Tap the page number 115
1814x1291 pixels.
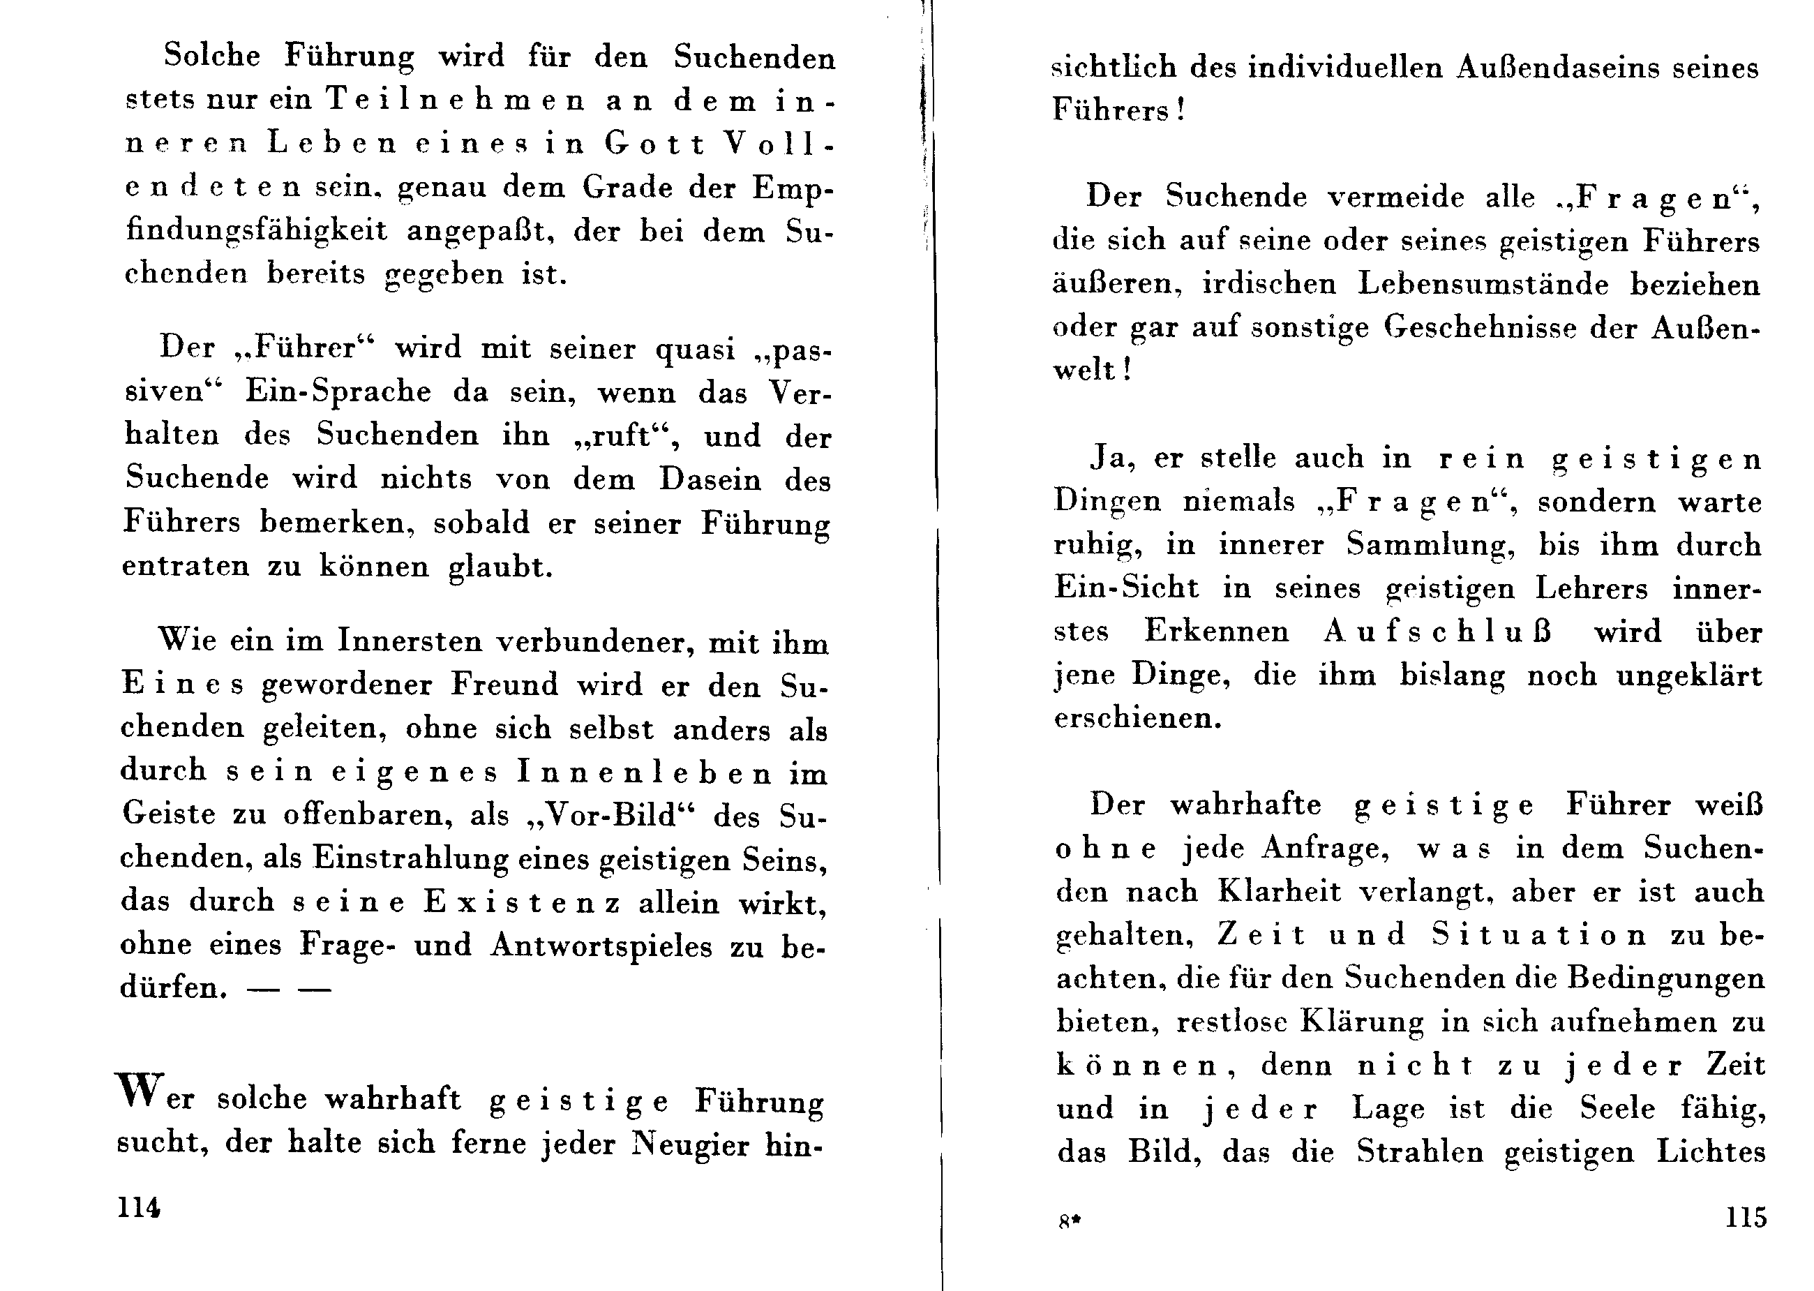[x=1746, y=1217]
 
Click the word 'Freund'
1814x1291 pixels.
[x=504, y=685]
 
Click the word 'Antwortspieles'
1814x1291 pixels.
[x=601, y=946]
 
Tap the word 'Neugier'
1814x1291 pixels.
[x=690, y=1144]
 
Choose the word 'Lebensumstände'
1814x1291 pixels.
[x=1483, y=285]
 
